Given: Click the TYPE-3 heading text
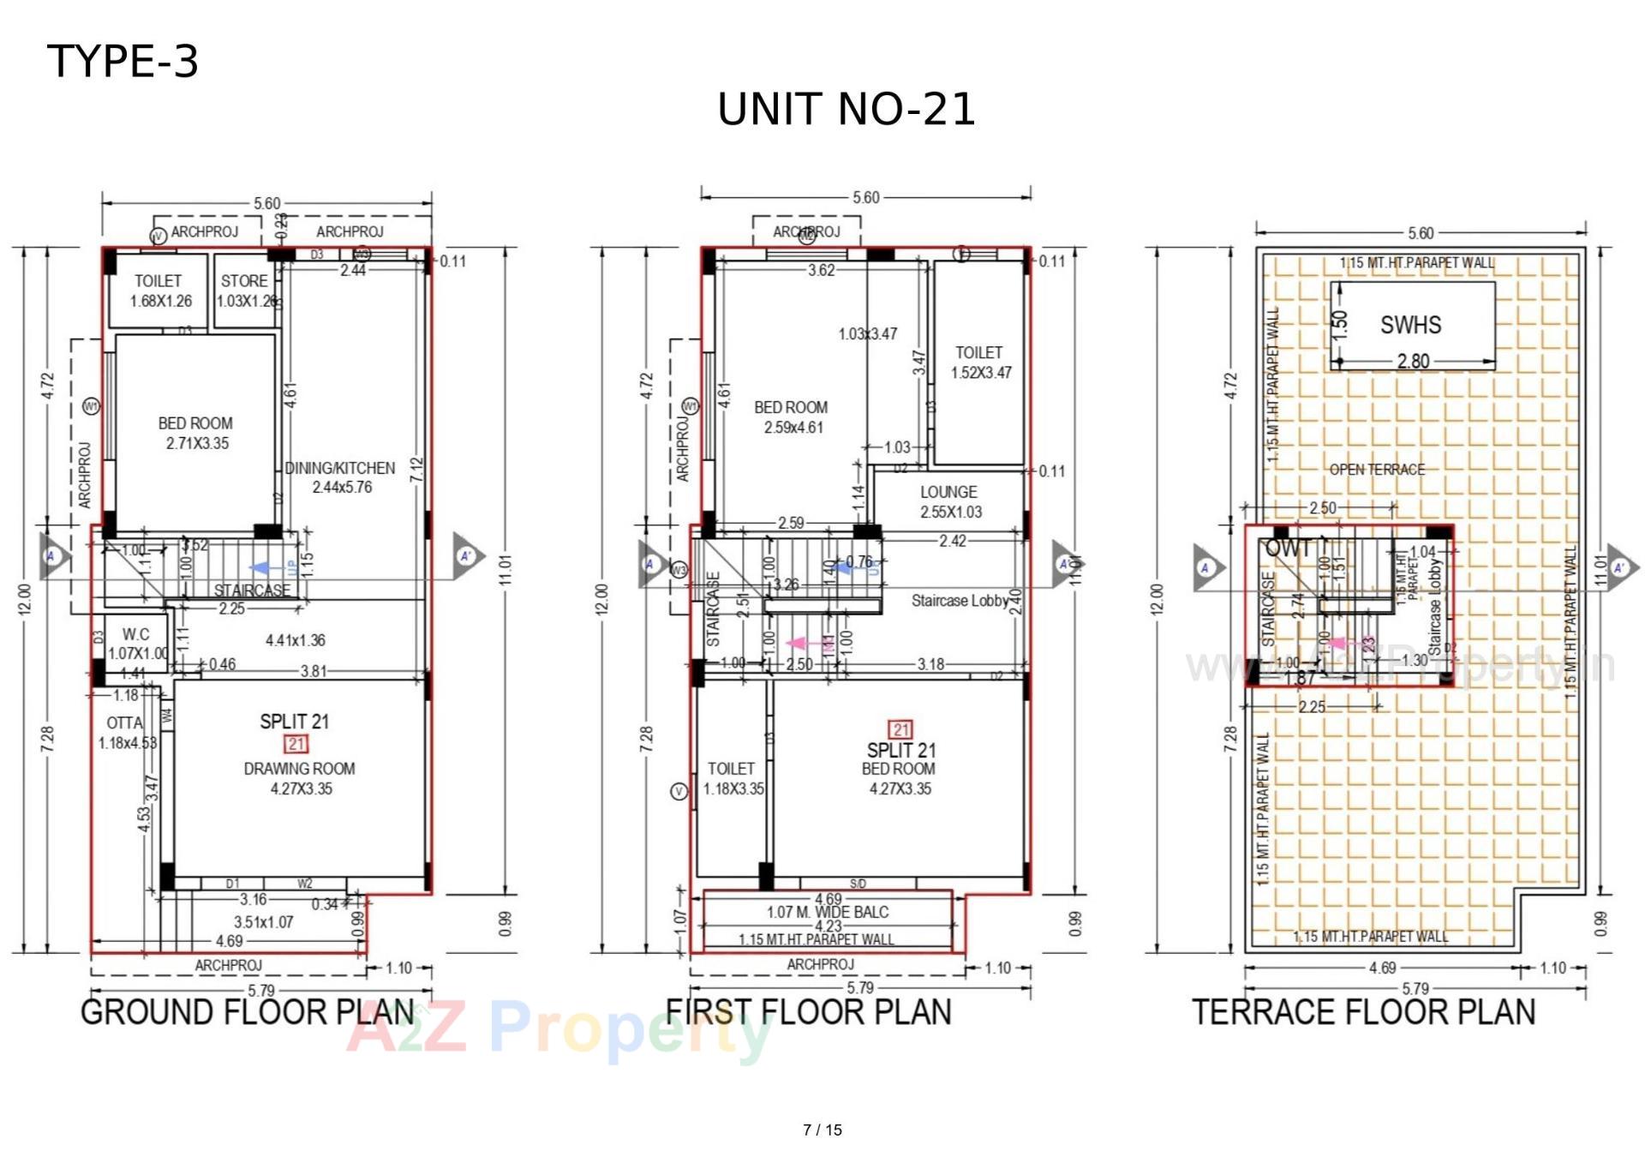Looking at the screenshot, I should (123, 62).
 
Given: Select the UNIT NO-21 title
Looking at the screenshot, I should (846, 110).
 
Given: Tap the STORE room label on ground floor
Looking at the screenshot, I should (244, 281).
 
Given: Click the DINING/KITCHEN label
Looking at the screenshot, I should (340, 468).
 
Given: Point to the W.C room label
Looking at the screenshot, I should (135, 634).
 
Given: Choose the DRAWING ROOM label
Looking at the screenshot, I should (299, 769).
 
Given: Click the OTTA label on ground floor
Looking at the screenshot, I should (125, 723).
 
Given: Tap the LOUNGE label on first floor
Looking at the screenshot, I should (948, 492).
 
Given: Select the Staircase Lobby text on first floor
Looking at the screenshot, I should (960, 601).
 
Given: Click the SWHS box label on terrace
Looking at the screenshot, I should (1410, 325).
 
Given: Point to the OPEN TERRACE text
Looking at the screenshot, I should (1377, 470).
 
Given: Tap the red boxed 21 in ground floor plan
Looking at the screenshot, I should (296, 744).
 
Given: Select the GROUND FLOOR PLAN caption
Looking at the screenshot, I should (248, 1012).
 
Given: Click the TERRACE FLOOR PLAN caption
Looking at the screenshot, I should (1363, 1012).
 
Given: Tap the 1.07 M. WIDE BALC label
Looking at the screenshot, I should (827, 912).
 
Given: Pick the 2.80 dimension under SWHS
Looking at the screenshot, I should (1413, 361).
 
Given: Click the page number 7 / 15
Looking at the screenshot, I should (822, 1130).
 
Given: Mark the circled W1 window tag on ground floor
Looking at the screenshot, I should (91, 406).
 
